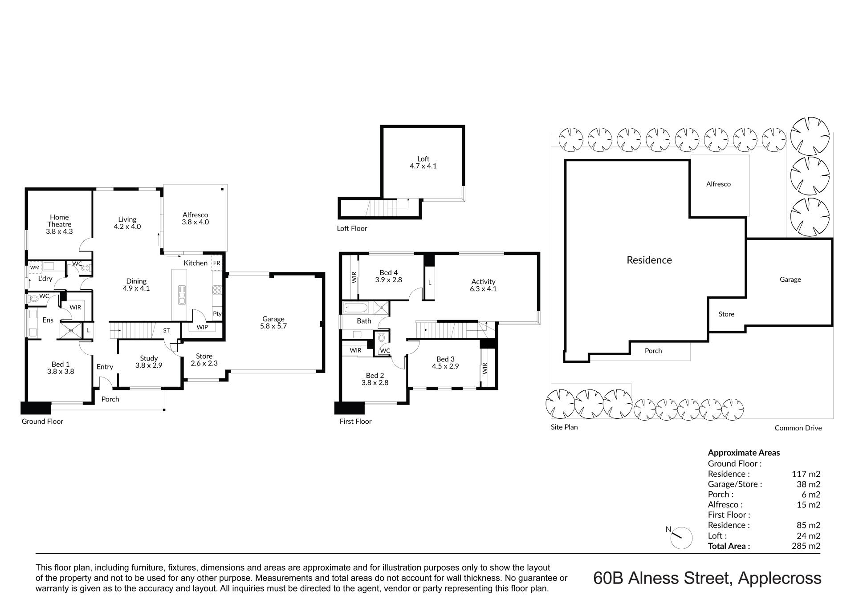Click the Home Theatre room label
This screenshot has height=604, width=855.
click(59, 224)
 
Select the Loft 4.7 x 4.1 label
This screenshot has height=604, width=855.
click(423, 162)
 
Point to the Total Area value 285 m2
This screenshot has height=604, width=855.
click(806, 546)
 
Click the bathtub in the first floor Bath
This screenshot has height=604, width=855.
click(356, 308)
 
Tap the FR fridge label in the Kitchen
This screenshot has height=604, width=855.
click(217, 263)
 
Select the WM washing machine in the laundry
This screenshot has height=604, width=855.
click(35, 268)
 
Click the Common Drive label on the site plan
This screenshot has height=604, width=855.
click(798, 428)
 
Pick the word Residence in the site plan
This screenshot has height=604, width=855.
click(649, 260)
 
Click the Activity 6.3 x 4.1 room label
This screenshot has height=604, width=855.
click(483, 285)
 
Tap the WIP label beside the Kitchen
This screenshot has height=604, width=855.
click(202, 327)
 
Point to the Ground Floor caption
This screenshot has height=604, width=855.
click(42, 422)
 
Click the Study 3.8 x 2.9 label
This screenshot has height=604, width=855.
click(149, 362)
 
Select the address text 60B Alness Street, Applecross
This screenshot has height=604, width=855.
click(707, 578)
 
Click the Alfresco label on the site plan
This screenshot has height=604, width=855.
click(718, 184)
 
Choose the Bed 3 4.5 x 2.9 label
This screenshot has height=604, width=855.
click(445, 363)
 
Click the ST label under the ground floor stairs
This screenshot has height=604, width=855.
click(167, 331)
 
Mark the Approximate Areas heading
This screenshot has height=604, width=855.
click(744, 453)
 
